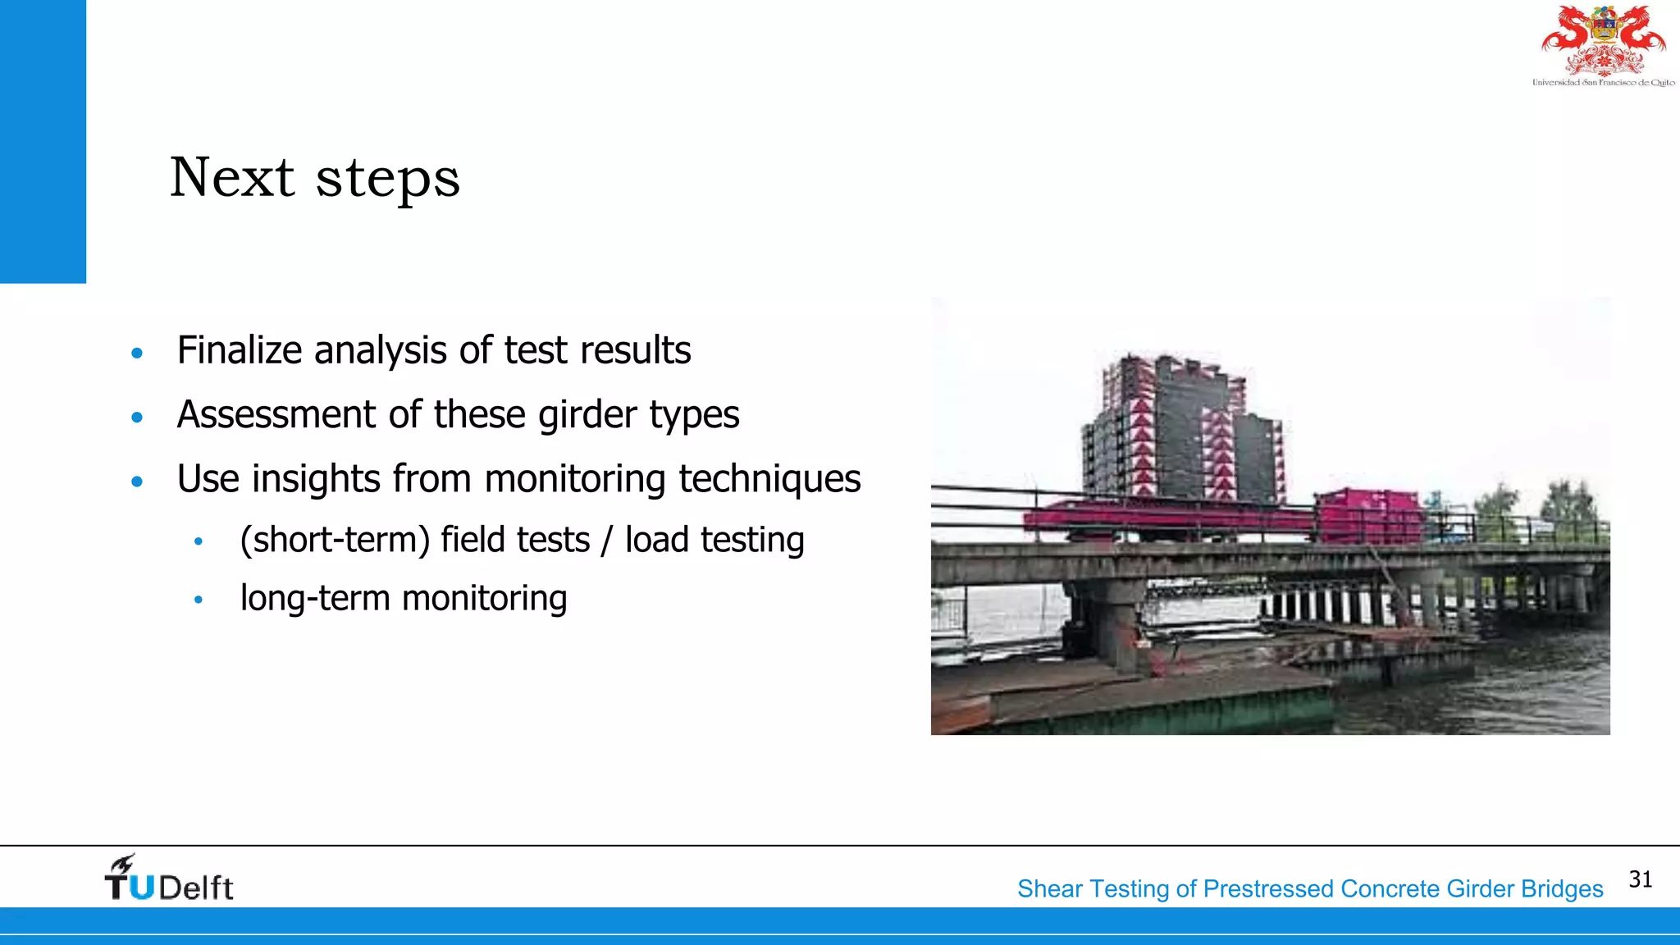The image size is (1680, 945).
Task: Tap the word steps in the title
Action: pyautogui.click(x=387, y=179)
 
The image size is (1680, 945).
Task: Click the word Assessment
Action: pyautogui.click(x=276, y=414)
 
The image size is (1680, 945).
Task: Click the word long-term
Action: pyautogui.click(x=314, y=598)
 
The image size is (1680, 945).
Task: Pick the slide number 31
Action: pyautogui.click(x=1640, y=879)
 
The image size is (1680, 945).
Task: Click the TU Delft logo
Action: pyautogui.click(x=169, y=879)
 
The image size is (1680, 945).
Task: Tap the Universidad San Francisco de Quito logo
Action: pyautogui.click(x=1603, y=46)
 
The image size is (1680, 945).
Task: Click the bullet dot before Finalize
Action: pyautogui.click(x=137, y=354)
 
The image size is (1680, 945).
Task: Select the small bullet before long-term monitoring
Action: pyautogui.click(x=198, y=600)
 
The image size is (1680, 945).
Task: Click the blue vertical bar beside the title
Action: pyautogui.click(x=43, y=141)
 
